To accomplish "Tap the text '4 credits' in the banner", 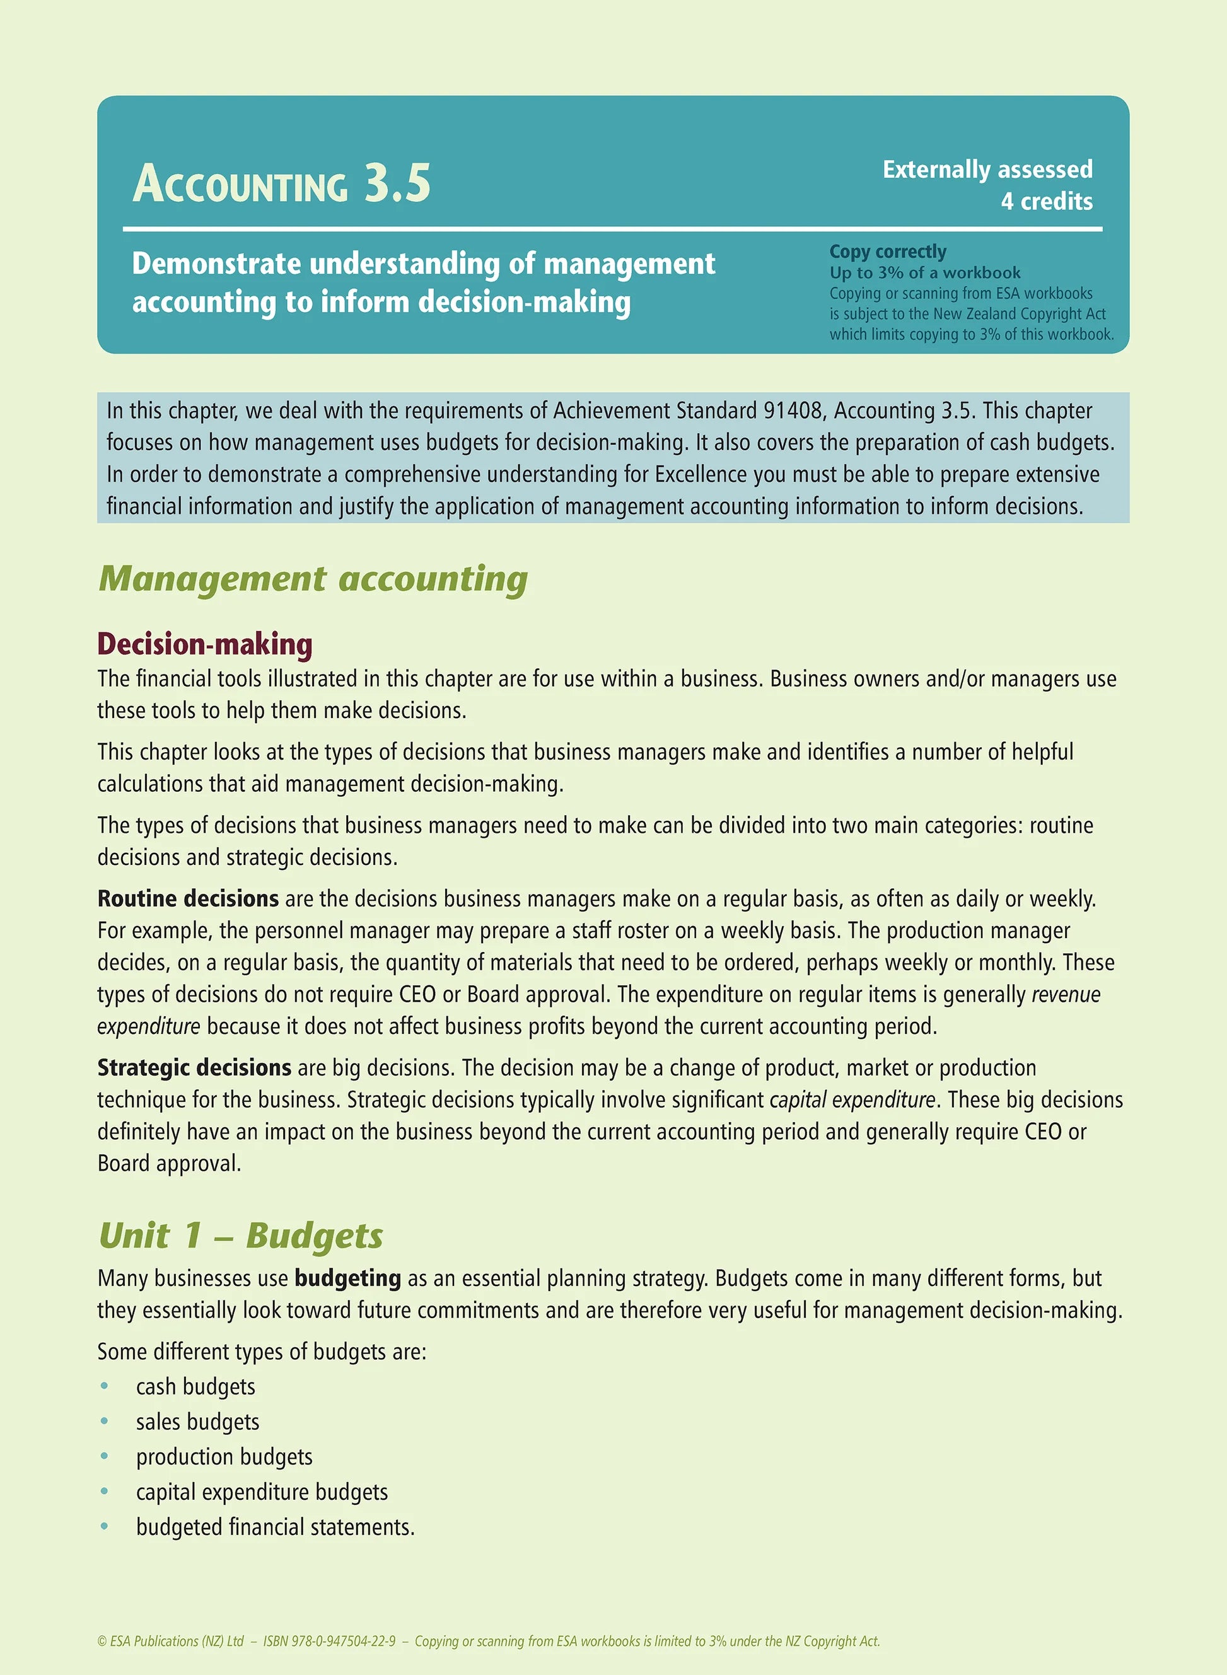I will (1046, 201).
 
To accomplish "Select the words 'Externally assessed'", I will (987, 170).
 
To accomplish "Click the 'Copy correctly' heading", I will (888, 252).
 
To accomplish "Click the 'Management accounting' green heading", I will (313, 578).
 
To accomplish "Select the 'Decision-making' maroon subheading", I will (204, 644).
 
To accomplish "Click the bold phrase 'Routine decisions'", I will (188, 898).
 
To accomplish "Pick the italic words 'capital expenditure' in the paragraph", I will (852, 1099).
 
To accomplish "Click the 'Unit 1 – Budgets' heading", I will (241, 1236).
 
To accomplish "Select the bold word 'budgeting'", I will (347, 1278).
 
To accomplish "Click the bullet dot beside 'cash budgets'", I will (105, 1386).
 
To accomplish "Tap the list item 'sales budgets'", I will (197, 1421).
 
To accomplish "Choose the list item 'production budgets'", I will (224, 1456).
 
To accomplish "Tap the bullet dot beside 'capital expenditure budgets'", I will (105, 1492).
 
